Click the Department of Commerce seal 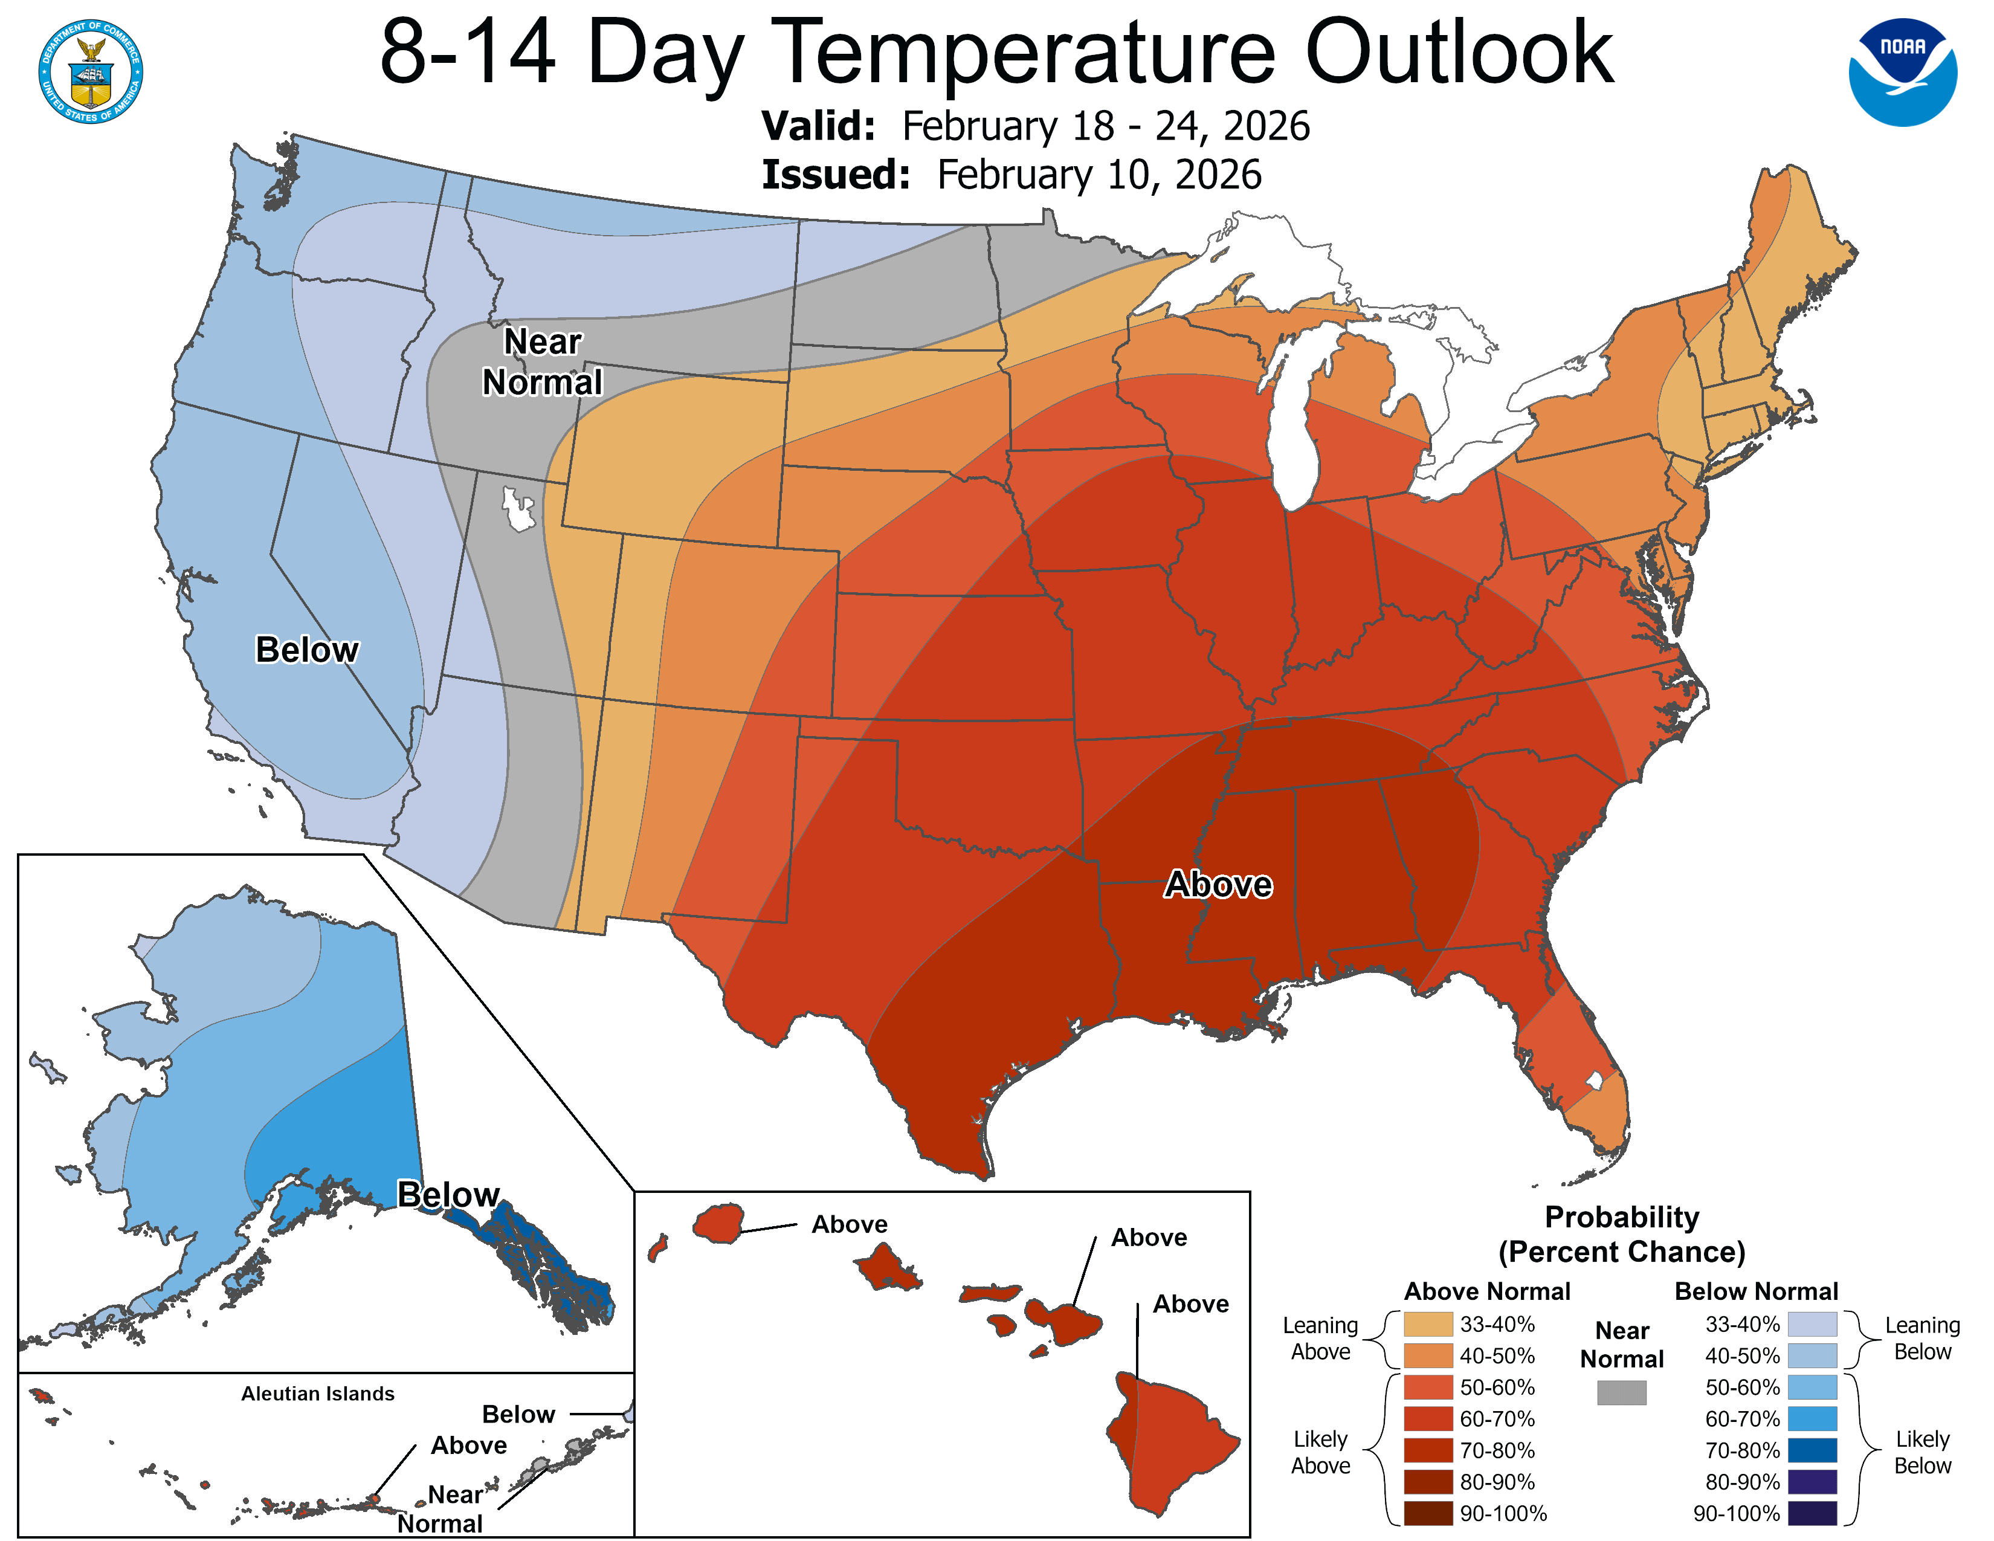[91, 71]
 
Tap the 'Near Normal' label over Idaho [543, 361]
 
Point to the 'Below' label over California [307, 650]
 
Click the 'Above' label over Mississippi [1218, 885]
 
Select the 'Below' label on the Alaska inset [448, 1194]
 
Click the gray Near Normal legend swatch [1622, 1392]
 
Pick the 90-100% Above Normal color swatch [1428, 1513]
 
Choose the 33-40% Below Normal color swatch [1812, 1323]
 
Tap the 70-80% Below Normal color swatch [1812, 1450]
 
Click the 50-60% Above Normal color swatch [1428, 1387]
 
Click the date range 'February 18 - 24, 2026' [1106, 126]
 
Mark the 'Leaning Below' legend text [1922, 1339]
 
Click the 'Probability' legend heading [1622, 1217]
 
